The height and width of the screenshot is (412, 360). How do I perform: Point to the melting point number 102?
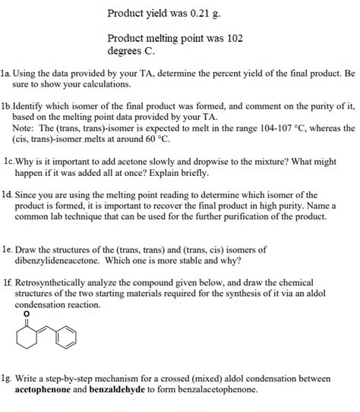pyautogui.click(x=234, y=37)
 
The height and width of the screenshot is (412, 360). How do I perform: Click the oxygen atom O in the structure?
pyautogui.click(x=27, y=313)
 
